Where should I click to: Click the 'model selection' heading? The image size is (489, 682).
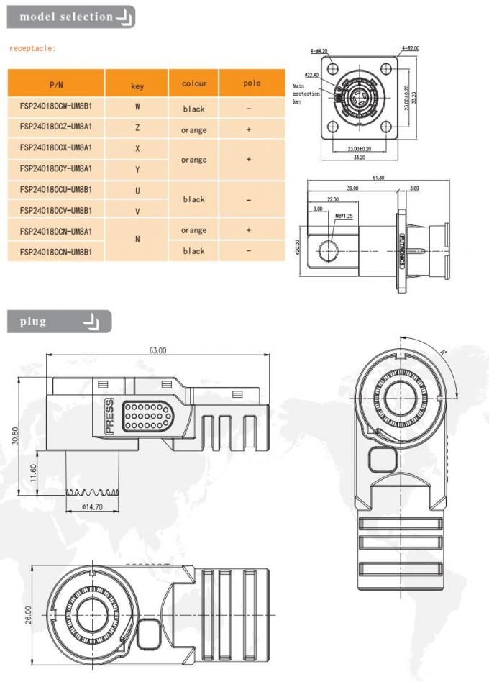tap(66, 16)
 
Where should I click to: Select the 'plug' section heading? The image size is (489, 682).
tap(33, 322)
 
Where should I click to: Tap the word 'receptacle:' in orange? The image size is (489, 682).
tap(32, 49)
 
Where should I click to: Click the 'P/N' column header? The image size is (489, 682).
tap(57, 83)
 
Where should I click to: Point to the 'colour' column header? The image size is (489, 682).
tap(193, 83)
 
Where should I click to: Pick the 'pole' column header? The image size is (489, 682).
tap(251, 83)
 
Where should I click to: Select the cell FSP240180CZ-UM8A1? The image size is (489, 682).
tap(57, 127)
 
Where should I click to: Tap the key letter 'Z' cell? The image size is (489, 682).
tap(137, 127)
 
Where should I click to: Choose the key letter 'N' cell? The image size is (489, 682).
tap(137, 240)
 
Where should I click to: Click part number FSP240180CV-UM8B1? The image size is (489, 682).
tap(57, 210)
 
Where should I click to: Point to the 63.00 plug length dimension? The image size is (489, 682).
tap(157, 350)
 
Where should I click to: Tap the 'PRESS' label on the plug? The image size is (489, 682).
tap(109, 415)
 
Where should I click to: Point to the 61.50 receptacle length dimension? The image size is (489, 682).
tap(378, 177)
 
